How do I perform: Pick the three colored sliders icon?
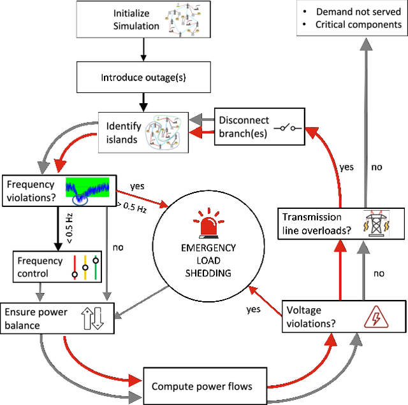[x=85, y=267]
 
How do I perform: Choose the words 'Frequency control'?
[x=40, y=267]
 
